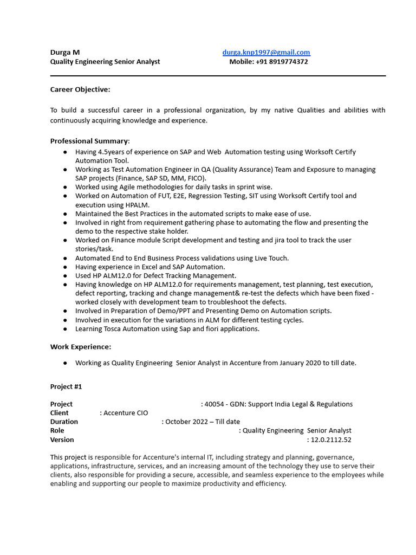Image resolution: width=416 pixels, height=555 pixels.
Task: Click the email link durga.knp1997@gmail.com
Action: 266,53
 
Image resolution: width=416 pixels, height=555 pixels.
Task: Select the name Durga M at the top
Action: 65,53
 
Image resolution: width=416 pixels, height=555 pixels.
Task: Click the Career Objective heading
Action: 80,89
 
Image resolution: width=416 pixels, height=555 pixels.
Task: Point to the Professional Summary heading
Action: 89,141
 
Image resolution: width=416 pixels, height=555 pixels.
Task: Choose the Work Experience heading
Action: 81,347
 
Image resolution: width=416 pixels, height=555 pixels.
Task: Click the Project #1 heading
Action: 66,387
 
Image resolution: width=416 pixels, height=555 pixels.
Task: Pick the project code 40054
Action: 214,404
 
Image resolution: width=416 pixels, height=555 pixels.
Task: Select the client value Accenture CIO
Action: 126,413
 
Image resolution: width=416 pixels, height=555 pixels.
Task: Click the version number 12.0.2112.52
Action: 331,440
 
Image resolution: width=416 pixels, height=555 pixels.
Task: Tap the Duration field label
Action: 64,422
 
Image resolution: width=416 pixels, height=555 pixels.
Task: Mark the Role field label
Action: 57,431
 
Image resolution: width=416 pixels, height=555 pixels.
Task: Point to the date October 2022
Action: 189,422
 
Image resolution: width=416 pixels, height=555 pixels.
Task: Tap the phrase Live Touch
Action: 272,259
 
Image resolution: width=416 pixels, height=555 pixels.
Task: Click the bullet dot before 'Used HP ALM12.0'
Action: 65,276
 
